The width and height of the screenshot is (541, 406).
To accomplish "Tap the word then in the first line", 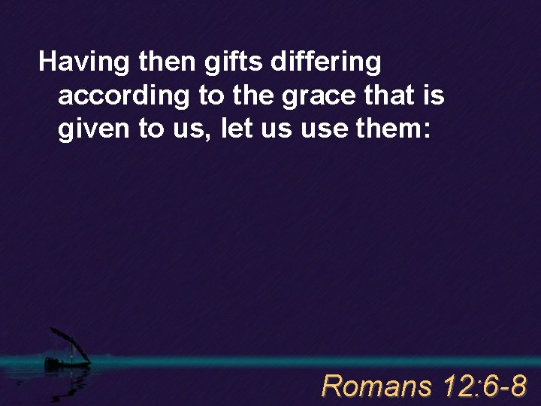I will pos(162,62).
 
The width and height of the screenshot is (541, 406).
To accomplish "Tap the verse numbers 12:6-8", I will pos(485,386).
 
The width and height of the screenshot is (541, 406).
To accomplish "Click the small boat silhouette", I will pos(64,361).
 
